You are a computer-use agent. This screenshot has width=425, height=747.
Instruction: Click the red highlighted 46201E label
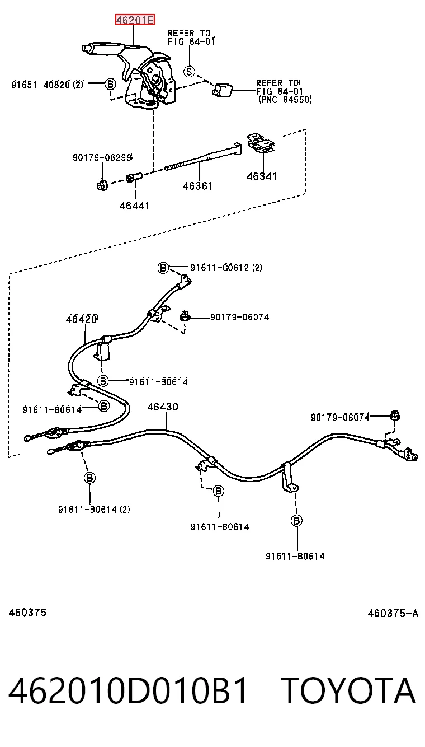[135, 20]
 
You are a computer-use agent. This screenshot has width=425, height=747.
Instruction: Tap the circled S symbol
[190, 71]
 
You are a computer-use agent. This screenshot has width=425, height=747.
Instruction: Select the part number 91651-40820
[41, 85]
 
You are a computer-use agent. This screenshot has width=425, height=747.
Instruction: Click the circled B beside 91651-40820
[110, 83]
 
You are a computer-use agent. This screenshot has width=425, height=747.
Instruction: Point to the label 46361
[197, 186]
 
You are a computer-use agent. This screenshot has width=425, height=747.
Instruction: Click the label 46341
[262, 176]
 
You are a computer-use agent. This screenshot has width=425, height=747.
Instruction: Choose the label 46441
[134, 206]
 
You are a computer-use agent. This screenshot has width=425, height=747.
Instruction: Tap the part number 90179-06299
[102, 157]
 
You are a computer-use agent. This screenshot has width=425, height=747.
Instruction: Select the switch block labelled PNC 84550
[222, 90]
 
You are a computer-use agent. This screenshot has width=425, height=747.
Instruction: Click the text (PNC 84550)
[285, 99]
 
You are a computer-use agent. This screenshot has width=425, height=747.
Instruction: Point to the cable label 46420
[82, 319]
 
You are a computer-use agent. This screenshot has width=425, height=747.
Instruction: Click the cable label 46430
[163, 407]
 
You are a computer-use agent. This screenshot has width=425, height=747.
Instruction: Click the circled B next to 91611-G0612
[163, 268]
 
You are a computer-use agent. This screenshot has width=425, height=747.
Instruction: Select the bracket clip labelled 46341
[262, 143]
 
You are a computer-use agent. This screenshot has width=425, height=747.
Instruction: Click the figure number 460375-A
[393, 613]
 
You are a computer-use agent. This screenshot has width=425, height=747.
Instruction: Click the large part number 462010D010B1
[128, 690]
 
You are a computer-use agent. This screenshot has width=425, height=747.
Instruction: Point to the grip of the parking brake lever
[100, 48]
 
